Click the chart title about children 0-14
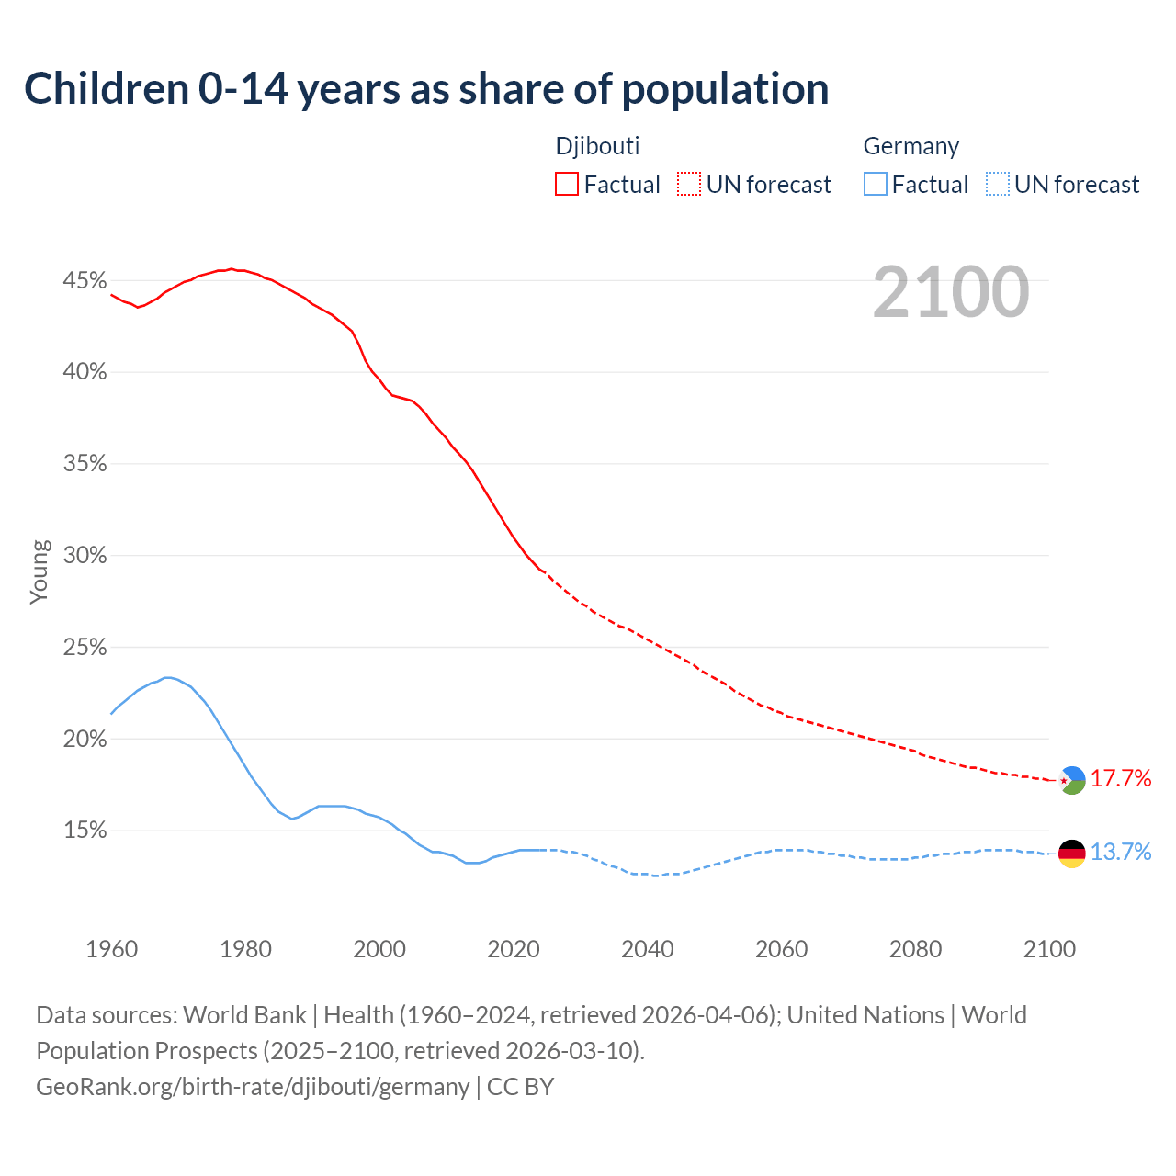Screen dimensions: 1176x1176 coord(426,89)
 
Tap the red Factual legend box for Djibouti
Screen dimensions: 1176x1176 coord(567,185)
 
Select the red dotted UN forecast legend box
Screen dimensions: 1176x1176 coord(689,185)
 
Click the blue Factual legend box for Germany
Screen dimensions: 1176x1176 coord(876,185)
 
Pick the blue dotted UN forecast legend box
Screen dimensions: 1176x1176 coord(998,185)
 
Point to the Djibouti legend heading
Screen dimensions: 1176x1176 coord(597,146)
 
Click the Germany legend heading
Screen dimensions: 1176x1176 coord(910,146)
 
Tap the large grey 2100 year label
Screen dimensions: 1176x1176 coord(951,292)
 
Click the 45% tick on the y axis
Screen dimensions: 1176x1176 coord(85,280)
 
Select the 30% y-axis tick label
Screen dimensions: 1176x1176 coord(85,556)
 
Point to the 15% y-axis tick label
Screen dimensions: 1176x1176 coord(85,831)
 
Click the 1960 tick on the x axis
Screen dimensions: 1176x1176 coord(111,949)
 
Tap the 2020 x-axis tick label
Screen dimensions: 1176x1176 coord(514,949)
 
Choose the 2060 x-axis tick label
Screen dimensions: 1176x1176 coord(781,949)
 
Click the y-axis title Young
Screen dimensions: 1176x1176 coord(39,571)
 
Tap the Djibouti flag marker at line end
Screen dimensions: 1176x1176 coord(1072,780)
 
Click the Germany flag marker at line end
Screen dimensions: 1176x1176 coord(1072,854)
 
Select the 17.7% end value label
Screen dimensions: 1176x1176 coord(1121,779)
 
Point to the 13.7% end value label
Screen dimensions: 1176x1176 coord(1121,853)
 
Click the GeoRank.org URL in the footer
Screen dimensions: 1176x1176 coord(253,1087)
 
